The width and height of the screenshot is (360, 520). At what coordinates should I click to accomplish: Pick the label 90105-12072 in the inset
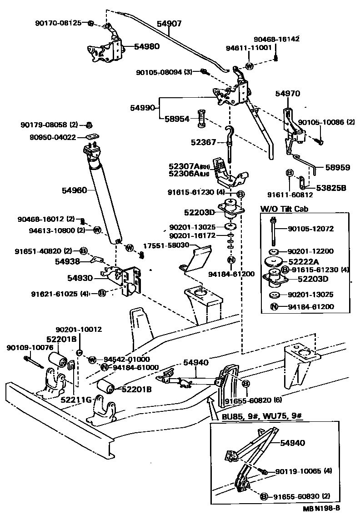click(x=311, y=229)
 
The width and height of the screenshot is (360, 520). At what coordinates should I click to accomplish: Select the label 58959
click(x=337, y=167)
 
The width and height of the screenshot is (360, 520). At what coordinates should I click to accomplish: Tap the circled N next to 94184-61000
click(x=105, y=367)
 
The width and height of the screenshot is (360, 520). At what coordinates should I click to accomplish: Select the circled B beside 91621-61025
click(x=102, y=294)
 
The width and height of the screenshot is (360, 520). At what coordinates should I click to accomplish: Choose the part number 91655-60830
click(x=297, y=495)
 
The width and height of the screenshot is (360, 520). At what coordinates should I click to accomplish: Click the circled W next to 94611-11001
click(x=249, y=66)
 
